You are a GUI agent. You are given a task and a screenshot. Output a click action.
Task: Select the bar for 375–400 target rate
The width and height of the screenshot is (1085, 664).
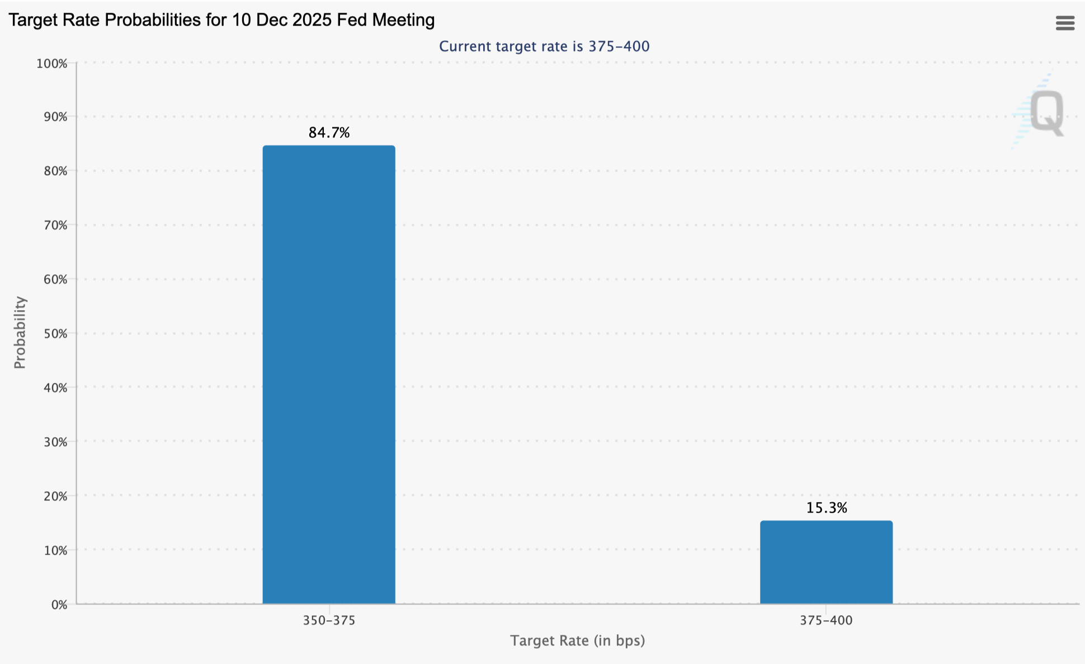coord(826,562)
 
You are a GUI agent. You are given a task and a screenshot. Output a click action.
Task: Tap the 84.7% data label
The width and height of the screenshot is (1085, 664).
coord(329,133)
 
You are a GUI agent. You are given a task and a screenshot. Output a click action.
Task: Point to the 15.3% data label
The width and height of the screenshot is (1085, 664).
coord(826,508)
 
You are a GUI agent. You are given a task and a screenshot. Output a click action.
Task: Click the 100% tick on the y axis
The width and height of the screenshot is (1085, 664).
coord(52,64)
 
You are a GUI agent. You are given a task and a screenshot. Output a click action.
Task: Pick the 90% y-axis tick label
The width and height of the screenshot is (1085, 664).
coord(55,117)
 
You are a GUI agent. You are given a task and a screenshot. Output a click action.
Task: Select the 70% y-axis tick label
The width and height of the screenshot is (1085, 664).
coord(55,226)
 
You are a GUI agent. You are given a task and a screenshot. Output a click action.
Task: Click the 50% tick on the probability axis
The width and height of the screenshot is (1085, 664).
coord(55,334)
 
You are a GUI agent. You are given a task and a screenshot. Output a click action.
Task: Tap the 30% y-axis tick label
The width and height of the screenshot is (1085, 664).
coord(55,442)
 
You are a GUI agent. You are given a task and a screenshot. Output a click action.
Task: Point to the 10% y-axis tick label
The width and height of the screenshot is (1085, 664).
coord(55,551)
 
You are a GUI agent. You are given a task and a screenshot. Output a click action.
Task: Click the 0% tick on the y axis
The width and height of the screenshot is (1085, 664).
coord(59,605)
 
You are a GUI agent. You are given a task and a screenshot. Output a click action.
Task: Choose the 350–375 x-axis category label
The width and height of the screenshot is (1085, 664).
coord(329,620)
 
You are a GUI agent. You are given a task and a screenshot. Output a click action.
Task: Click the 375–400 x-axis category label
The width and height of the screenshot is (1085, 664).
coord(826,620)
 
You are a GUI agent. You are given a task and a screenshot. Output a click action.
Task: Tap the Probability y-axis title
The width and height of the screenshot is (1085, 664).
coord(20,333)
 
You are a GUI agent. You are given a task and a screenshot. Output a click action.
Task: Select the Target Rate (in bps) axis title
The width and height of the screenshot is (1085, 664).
coord(577,640)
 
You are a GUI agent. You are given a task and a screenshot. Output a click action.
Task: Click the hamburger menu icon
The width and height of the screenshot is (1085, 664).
coord(1065,23)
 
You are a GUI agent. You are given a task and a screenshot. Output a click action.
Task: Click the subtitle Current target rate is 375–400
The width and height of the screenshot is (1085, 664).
coord(544,46)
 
